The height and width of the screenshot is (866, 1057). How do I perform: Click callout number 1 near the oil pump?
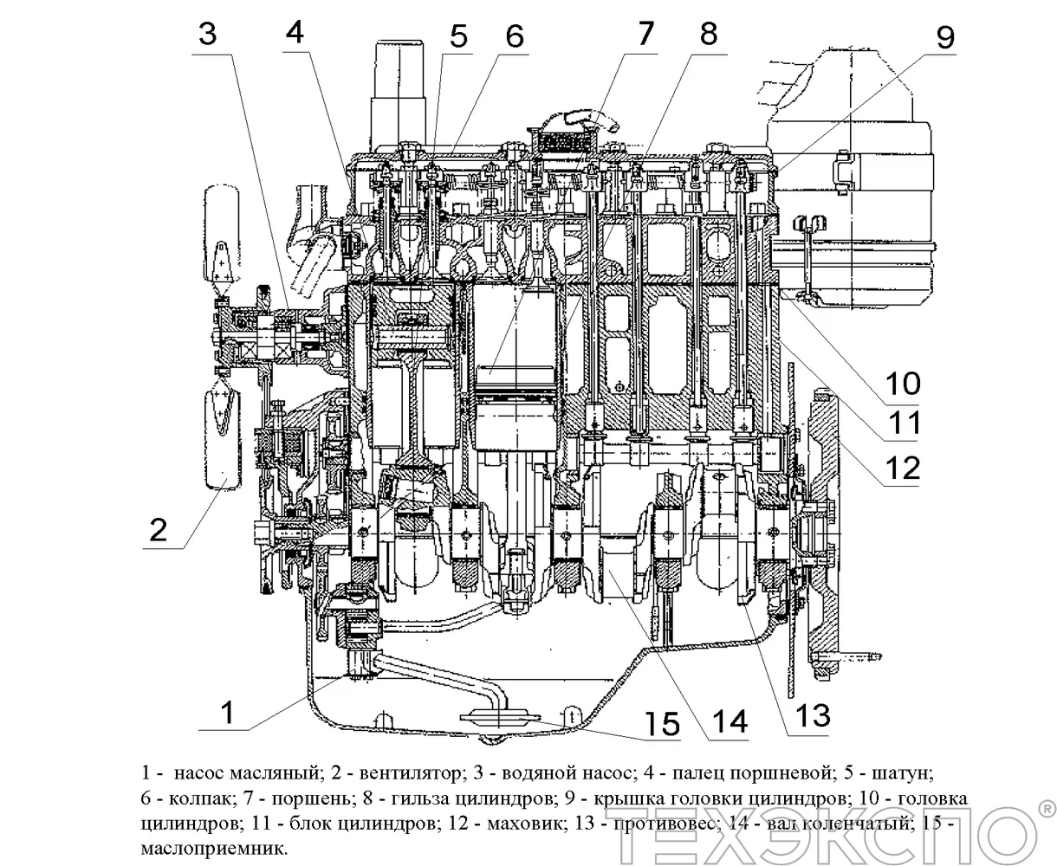(226, 714)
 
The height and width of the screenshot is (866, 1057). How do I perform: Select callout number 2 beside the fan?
(158, 527)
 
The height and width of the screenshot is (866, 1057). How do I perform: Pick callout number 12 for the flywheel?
(901, 468)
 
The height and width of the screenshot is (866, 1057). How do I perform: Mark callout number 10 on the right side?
(902, 382)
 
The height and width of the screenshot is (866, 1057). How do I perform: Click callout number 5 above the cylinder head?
(457, 36)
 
